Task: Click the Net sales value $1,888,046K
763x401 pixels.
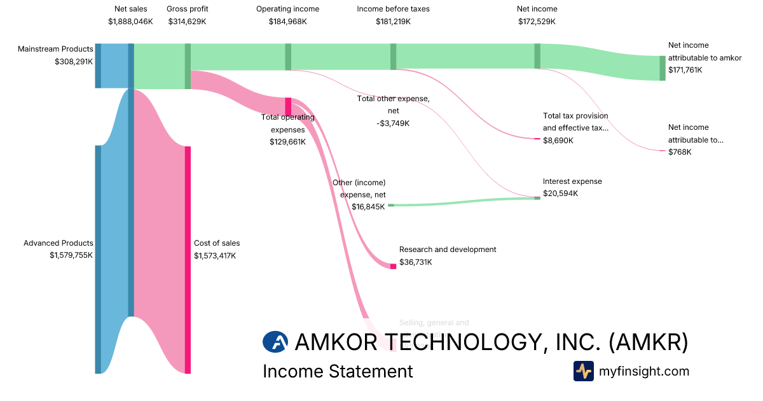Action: click(x=130, y=22)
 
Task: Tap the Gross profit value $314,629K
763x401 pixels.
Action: click(x=187, y=22)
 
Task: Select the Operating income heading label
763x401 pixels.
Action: click(x=287, y=9)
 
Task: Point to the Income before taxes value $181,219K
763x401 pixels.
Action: click(x=393, y=22)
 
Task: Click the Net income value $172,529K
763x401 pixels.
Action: click(x=537, y=22)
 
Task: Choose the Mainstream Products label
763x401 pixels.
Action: click(x=55, y=49)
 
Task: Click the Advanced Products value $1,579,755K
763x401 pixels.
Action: click(x=71, y=255)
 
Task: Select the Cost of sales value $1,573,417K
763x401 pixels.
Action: click(x=215, y=255)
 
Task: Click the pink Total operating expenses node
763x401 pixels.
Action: click(x=288, y=106)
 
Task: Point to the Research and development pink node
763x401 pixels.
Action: click(x=393, y=266)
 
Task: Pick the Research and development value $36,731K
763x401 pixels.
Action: click(x=416, y=262)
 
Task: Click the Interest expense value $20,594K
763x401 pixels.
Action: click(x=560, y=193)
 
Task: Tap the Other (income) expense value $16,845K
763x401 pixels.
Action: click(x=368, y=206)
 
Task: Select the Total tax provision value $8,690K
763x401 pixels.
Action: click(x=558, y=140)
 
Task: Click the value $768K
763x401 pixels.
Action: click(x=680, y=152)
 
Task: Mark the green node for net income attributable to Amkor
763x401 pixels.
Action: click(x=662, y=68)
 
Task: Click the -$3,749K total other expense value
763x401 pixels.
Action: click(x=393, y=123)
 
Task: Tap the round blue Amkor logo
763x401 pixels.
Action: click(x=275, y=342)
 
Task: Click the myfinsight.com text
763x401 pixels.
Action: click(x=643, y=371)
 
